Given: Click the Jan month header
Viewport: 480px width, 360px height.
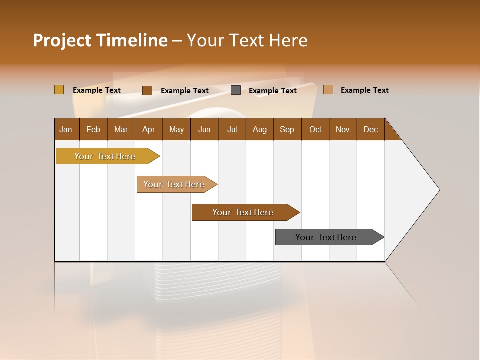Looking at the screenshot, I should click(66, 129).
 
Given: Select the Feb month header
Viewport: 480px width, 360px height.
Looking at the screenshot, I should click(93, 129).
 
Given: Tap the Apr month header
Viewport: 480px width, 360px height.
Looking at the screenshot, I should click(149, 129).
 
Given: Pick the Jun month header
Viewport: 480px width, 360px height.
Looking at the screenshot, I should click(204, 129).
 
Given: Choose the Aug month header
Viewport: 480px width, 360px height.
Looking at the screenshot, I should click(260, 129).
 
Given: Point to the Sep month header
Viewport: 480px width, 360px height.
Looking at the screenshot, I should click(287, 129).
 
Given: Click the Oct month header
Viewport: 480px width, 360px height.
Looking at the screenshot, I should click(315, 129).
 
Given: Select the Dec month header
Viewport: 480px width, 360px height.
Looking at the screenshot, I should click(371, 129).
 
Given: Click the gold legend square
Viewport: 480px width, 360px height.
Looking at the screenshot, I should click(59, 90).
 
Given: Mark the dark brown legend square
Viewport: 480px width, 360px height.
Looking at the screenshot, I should click(147, 90).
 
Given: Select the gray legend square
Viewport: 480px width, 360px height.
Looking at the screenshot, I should click(236, 90).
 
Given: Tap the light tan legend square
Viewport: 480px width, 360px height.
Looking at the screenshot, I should click(328, 90).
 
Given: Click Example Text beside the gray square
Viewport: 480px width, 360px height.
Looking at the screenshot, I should click(273, 91).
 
